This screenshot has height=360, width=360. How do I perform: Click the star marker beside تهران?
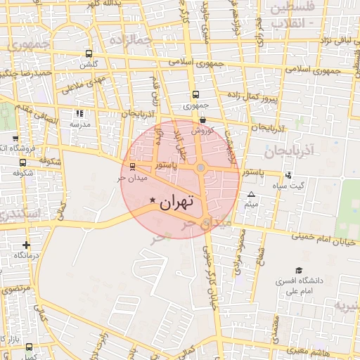(153, 202)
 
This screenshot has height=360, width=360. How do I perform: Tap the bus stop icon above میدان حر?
(133, 167)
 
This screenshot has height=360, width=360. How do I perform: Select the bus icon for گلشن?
(89, 53)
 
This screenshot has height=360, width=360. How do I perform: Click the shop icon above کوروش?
(202, 120)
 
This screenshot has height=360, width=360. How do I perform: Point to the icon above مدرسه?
(79, 112)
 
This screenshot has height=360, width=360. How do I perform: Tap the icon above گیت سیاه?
(288, 174)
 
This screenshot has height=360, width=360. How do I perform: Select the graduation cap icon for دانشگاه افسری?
(299, 270)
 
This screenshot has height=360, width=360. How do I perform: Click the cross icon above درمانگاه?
(27, 245)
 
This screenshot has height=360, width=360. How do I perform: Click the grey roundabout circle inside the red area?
(201, 168)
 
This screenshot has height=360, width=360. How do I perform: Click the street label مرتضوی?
(15, 289)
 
